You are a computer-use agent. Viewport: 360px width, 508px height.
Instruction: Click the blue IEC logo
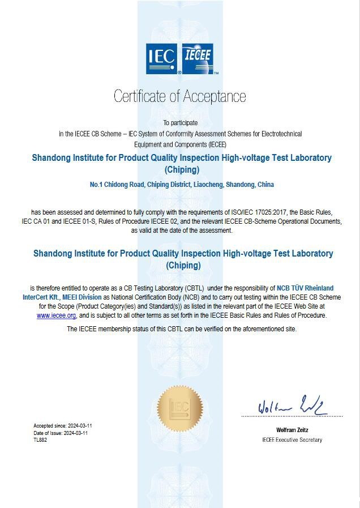(163, 59)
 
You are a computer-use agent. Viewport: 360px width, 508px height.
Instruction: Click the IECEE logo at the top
(198, 59)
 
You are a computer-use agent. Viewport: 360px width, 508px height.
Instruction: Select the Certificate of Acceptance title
(180, 96)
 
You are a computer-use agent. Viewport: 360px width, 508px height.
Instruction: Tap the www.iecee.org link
(56, 315)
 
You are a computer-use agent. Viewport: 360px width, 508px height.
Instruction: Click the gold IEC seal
(180, 408)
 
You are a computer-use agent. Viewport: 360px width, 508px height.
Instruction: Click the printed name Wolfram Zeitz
(292, 430)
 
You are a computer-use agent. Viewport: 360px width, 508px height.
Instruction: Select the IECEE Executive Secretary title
(292, 440)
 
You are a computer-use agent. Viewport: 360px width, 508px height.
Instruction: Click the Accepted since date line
(62, 425)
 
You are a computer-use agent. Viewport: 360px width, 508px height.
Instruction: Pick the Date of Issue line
(61, 433)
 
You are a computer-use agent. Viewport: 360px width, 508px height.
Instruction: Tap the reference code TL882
(40, 439)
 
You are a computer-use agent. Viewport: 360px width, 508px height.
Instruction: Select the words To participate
(181, 123)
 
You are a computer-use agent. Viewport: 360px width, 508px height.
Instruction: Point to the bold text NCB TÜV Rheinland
(305, 288)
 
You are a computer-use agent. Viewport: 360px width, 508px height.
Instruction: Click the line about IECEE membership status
(181, 329)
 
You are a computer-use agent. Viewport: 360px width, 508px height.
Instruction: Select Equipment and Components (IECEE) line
(181, 144)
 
